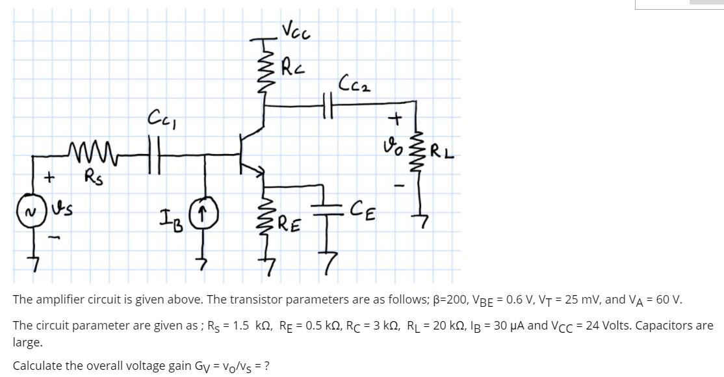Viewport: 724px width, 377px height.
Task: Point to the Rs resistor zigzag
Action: coord(84,154)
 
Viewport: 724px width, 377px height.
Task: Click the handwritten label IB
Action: coord(172,214)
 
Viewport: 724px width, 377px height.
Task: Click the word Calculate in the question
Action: coord(36,365)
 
